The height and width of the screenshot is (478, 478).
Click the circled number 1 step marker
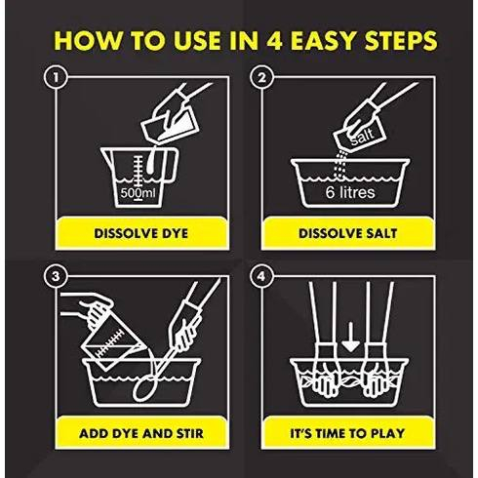tap(56, 77)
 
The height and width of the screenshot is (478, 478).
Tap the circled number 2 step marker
tap(261, 77)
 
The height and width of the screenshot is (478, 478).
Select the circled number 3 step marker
tap(56, 277)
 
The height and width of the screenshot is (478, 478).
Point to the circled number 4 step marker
tap(261, 277)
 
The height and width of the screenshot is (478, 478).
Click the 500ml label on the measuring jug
tap(138, 193)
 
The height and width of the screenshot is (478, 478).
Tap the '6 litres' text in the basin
tap(350, 192)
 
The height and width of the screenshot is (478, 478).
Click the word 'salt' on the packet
tap(362, 137)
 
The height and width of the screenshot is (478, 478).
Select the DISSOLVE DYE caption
tap(141, 233)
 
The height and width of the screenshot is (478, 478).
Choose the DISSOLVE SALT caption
tap(348, 233)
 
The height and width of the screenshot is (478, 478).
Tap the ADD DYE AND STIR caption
tap(141, 433)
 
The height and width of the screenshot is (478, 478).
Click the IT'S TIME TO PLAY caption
tap(347, 433)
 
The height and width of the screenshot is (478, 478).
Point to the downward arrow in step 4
tap(350, 338)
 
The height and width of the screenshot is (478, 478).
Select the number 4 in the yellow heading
tap(274, 41)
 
